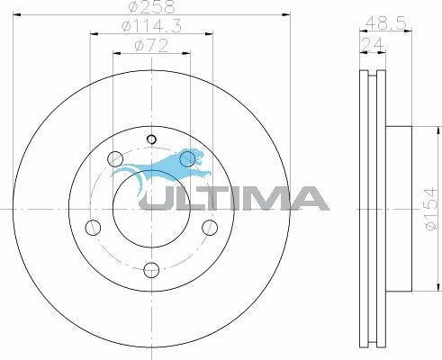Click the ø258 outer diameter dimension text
pos(150,7)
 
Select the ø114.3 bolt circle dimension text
pos(150,28)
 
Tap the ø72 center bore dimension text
pos(150,45)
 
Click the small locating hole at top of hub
pos(151,139)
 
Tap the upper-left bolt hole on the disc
pos(114,159)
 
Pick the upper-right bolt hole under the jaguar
pos(187,159)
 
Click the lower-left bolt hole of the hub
pos(92,227)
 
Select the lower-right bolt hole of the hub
pos(210,227)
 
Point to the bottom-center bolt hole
pos(151,267)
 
